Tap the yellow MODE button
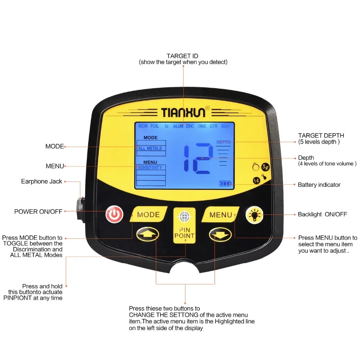[148, 215]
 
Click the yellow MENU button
[220, 215]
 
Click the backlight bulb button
[254, 215]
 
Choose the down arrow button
[220, 235]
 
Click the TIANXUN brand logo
[183, 112]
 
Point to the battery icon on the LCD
[225, 184]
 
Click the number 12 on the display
[198, 158]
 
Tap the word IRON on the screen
[143, 126]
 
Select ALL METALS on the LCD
[150, 148]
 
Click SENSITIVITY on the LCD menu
[150, 167]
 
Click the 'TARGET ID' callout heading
[182, 56]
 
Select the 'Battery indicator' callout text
[319, 185]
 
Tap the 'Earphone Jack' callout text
[41, 181]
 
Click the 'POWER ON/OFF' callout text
[38, 212]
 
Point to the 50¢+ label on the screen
[225, 126]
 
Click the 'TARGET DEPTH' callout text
[321, 135]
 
